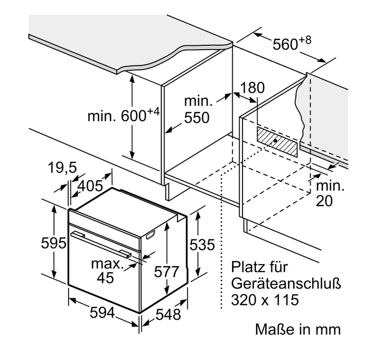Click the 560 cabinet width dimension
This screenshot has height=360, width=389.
pos(284,44)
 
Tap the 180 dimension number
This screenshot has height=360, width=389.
pos(251,87)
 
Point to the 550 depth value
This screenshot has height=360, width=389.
pos(197,117)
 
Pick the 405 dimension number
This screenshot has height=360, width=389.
pos(90,186)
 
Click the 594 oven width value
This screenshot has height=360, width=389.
pos(102,313)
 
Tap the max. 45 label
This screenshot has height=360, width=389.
pos(105,271)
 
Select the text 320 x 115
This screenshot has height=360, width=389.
pos(265,299)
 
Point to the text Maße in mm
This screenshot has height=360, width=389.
pos(297,329)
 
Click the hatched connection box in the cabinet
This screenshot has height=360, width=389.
pos(278,142)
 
